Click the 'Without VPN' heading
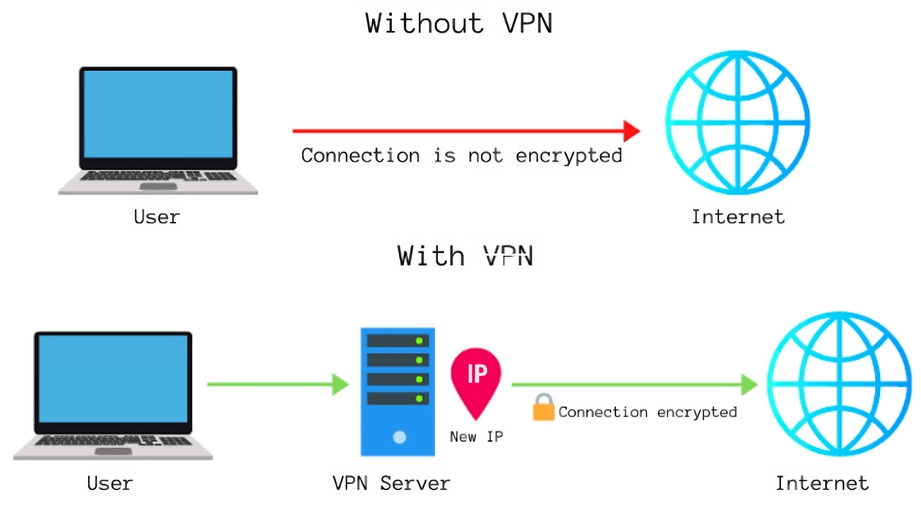click(x=459, y=23)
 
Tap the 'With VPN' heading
click(x=465, y=256)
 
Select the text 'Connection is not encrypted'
click(x=462, y=156)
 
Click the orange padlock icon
click(x=543, y=408)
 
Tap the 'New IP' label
click(x=476, y=437)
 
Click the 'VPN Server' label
click(x=391, y=483)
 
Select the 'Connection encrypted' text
click(x=648, y=412)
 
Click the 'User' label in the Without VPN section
click(x=156, y=217)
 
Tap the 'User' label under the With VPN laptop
click(x=110, y=483)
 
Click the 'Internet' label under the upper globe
click(x=738, y=217)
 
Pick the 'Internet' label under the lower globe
click(x=822, y=483)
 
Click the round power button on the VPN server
click(x=399, y=437)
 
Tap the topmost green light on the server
click(x=419, y=341)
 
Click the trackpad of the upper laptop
click(x=158, y=186)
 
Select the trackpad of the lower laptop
click(x=113, y=451)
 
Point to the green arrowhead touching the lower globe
click(x=749, y=385)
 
